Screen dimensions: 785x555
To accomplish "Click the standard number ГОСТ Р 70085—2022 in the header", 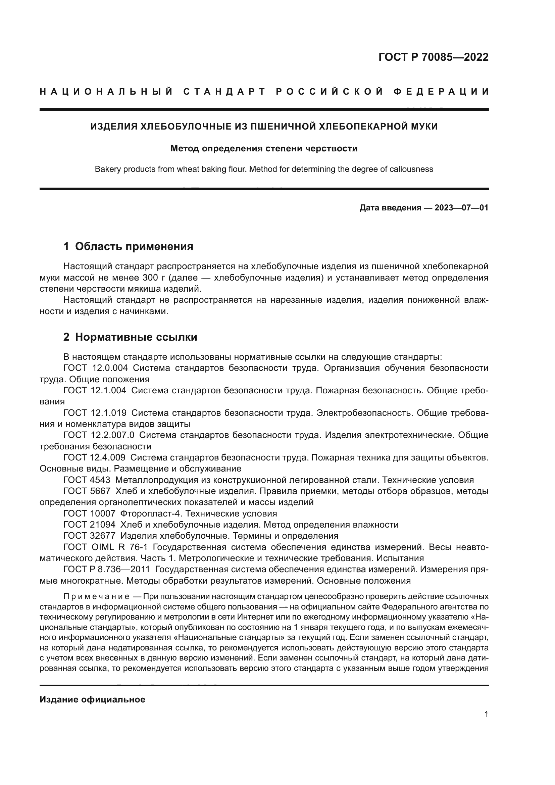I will [433, 57].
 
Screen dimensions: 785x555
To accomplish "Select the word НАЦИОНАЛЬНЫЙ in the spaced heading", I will [106, 92].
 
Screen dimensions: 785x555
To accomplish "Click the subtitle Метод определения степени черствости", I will [264, 148].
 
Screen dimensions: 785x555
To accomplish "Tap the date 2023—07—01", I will [461, 207].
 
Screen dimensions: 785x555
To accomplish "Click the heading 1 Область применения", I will [128, 247].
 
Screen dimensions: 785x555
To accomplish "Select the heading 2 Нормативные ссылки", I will [130, 337].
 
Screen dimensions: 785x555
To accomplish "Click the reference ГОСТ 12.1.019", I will [95, 413].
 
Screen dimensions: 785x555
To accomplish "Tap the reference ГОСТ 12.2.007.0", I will [99, 435].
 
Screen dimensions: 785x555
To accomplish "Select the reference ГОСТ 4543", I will [87, 480].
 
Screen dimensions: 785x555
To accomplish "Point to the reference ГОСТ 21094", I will [89, 525].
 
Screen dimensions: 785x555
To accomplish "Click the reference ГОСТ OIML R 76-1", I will [105, 547].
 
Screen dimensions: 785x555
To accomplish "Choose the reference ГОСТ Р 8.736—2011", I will [107, 569].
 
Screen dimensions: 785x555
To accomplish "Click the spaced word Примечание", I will [96, 597].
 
